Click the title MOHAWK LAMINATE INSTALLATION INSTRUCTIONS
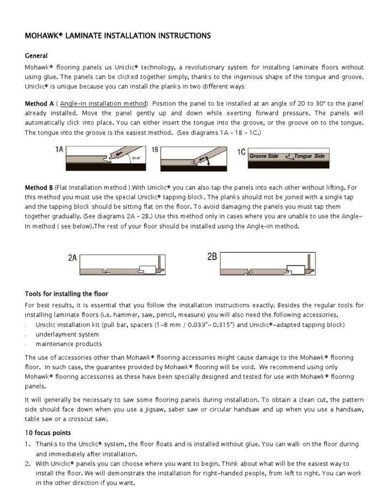118,36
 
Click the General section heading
36,56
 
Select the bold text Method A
39,104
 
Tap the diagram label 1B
155,151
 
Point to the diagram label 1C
241,152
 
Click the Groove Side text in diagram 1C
264,156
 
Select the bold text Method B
38,187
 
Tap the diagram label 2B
212,257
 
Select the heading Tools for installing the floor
67,294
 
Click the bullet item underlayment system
67,335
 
